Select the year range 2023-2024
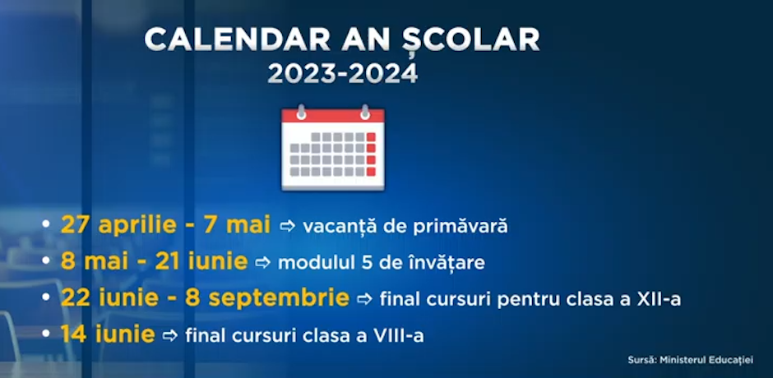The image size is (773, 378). click(x=343, y=73)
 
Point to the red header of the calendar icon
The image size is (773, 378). click(x=333, y=116)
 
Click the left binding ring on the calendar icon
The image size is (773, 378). click(x=301, y=112)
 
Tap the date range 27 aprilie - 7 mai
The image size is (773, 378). click(x=165, y=226)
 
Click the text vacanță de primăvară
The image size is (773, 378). click(x=405, y=226)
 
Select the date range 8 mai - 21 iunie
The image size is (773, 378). click(x=154, y=262)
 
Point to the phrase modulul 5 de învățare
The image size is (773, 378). click(x=382, y=263)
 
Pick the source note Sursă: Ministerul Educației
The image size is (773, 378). click(x=690, y=360)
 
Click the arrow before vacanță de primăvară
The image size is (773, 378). click(x=288, y=226)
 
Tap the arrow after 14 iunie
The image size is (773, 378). click(x=170, y=335)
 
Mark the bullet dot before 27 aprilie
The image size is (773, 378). click(x=46, y=224)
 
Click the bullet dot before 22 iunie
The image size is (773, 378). click(x=46, y=297)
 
